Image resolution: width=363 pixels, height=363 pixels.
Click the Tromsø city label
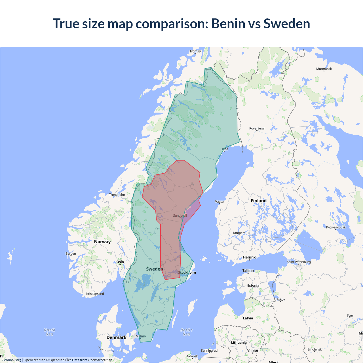[x=195, y=51]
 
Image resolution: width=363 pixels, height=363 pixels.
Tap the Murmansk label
[x=324, y=69]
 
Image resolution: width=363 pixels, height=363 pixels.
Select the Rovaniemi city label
[x=257, y=128]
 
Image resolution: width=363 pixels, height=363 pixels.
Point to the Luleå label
[x=224, y=149]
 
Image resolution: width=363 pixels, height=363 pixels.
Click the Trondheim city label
[x=117, y=195]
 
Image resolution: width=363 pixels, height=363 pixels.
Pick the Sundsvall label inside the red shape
[x=180, y=216]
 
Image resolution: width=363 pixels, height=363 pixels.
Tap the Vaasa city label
[x=219, y=202]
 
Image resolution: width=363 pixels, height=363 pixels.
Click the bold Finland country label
[x=258, y=201]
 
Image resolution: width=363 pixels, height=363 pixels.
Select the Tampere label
[x=239, y=233]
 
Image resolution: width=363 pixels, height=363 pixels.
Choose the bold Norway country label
[x=102, y=242]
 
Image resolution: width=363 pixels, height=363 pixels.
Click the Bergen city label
[x=71, y=254]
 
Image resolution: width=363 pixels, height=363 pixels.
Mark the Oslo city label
[x=120, y=262]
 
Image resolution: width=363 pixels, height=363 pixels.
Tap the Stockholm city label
[x=187, y=273]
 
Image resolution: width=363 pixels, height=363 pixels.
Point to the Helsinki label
[x=250, y=257]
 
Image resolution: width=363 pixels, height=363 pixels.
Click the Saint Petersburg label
[x=299, y=262]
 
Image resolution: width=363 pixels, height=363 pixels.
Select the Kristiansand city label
[x=95, y=294]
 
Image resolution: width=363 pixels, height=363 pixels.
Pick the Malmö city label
[x=141, y=336]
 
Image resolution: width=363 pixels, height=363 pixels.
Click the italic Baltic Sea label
[x=186, y=332]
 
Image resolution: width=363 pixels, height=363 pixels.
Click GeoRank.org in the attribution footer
[x=11, y=360]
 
